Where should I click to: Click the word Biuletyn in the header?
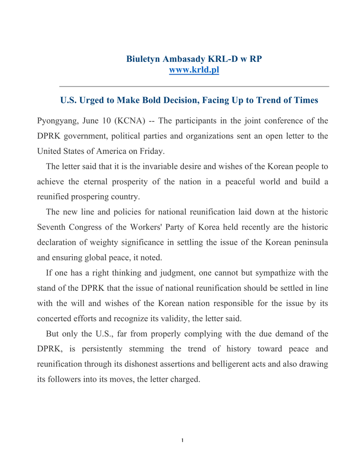(142, 59)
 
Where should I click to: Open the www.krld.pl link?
(194, 70)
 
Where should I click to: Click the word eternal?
(99, 182)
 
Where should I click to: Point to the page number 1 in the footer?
(182, 440)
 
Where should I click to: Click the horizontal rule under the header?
(194, 86)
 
